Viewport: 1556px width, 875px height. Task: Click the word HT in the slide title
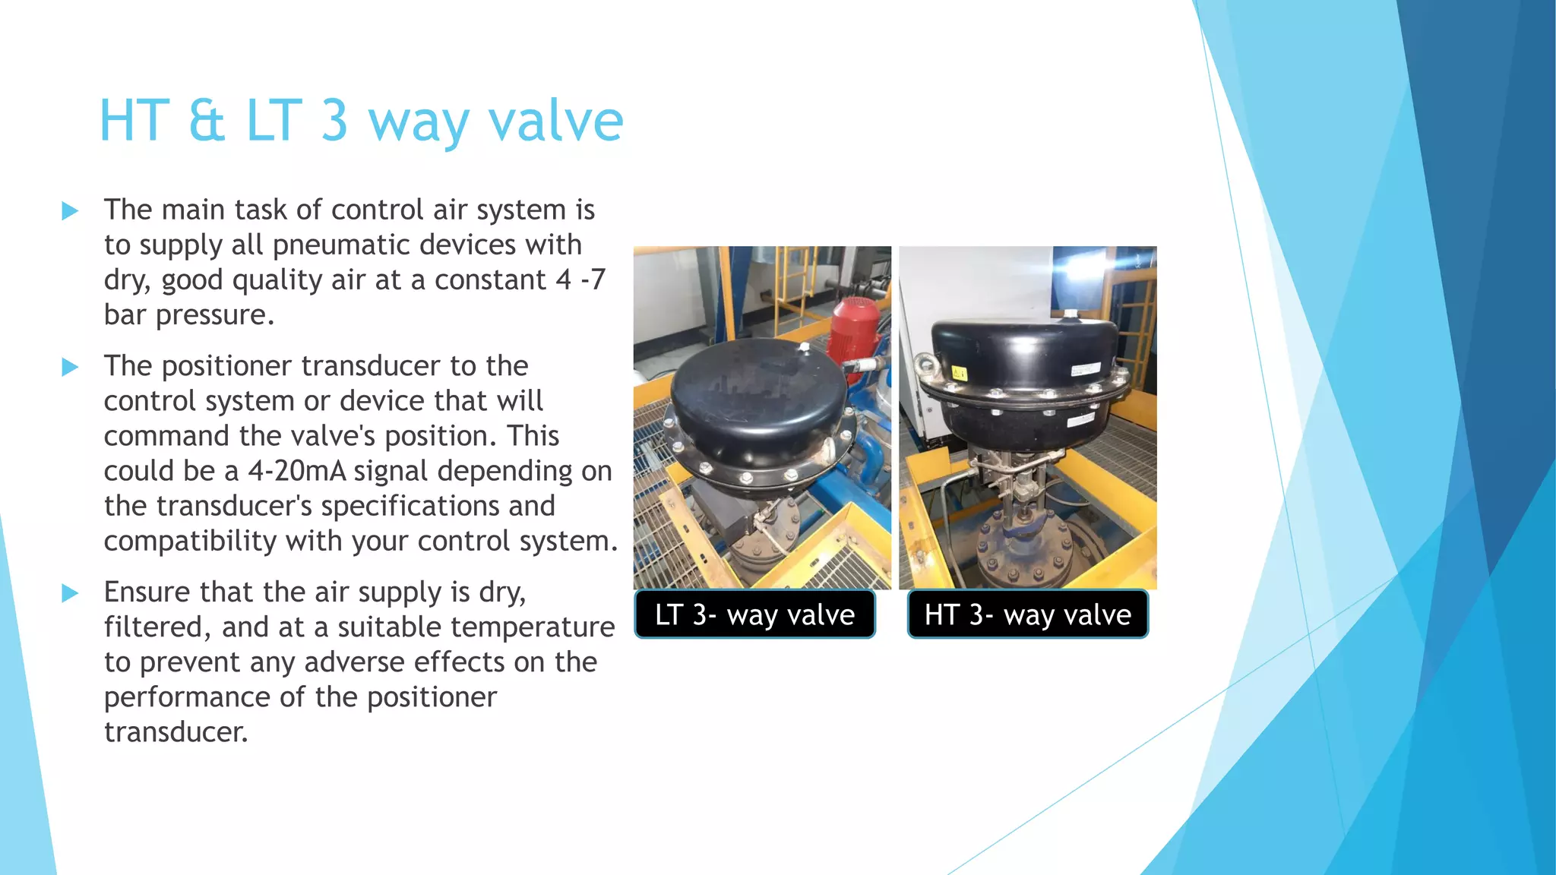pos(134,121)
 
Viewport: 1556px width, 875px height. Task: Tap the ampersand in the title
pos(207,121)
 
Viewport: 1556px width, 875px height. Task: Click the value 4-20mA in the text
pos(297,471)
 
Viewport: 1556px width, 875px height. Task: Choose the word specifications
pos(438,507)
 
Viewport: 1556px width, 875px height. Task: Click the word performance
pos(187,697)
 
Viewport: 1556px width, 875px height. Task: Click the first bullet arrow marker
pos(70,210)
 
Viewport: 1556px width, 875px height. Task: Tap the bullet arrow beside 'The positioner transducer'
pos(70,367)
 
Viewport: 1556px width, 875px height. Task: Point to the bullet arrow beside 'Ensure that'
pos(70,592)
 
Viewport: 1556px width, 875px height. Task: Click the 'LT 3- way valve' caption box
pos(754,614)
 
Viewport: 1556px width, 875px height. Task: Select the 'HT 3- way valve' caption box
pos(1027,614)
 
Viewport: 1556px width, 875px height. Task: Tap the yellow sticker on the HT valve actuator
pos(959,373)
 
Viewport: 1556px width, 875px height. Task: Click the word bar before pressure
pos(126,315)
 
